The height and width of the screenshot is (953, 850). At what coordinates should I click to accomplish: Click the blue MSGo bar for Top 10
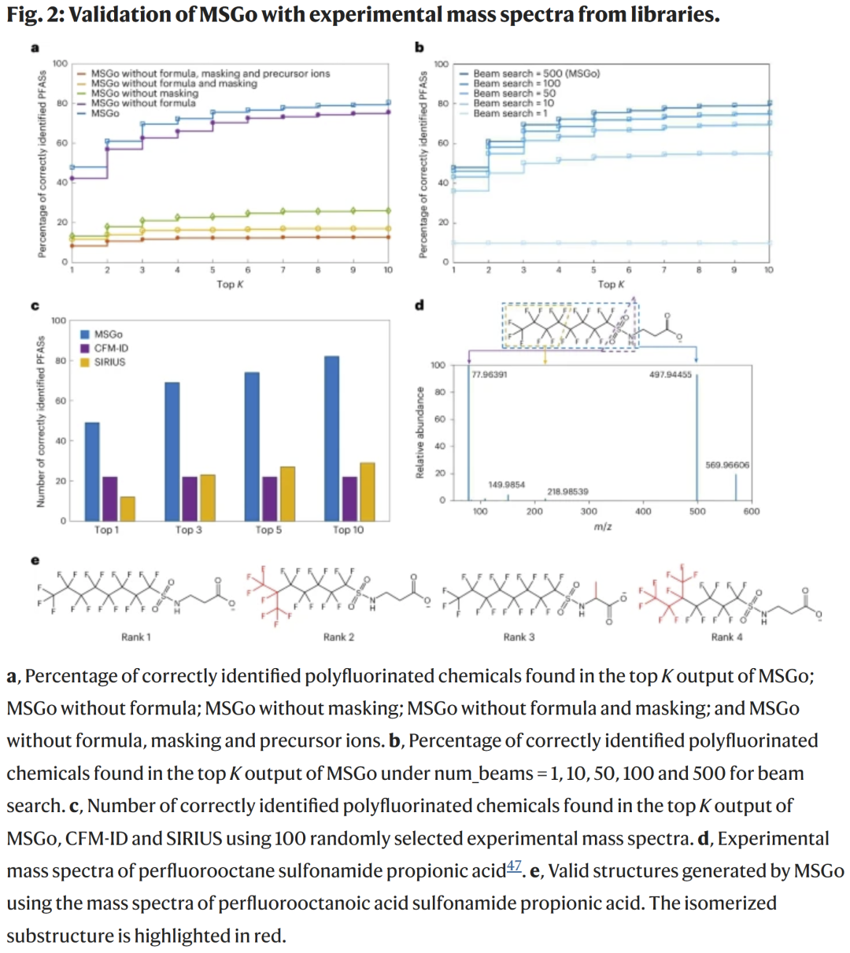(331, 438)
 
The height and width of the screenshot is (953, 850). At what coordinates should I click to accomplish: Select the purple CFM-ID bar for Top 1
(109, 498)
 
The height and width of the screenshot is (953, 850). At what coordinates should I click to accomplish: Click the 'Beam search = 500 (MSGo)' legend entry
(536, 73)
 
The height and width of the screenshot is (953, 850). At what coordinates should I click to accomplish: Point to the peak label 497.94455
(670, 375)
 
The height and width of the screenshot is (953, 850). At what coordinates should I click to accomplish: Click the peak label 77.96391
(490, 375)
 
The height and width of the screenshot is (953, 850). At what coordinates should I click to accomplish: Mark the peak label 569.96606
(727, 465)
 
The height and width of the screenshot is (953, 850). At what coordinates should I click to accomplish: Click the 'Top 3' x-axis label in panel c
(188, 530)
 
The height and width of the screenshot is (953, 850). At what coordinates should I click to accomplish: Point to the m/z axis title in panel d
(603, 526)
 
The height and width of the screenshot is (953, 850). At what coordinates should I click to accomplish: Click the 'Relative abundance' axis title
(420, 432)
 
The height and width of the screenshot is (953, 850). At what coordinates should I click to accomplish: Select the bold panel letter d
(419, 305)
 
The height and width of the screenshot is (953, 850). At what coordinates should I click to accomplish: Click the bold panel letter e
(35, 560)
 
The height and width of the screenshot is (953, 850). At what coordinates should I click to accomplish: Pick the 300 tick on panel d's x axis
(589, 512)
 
